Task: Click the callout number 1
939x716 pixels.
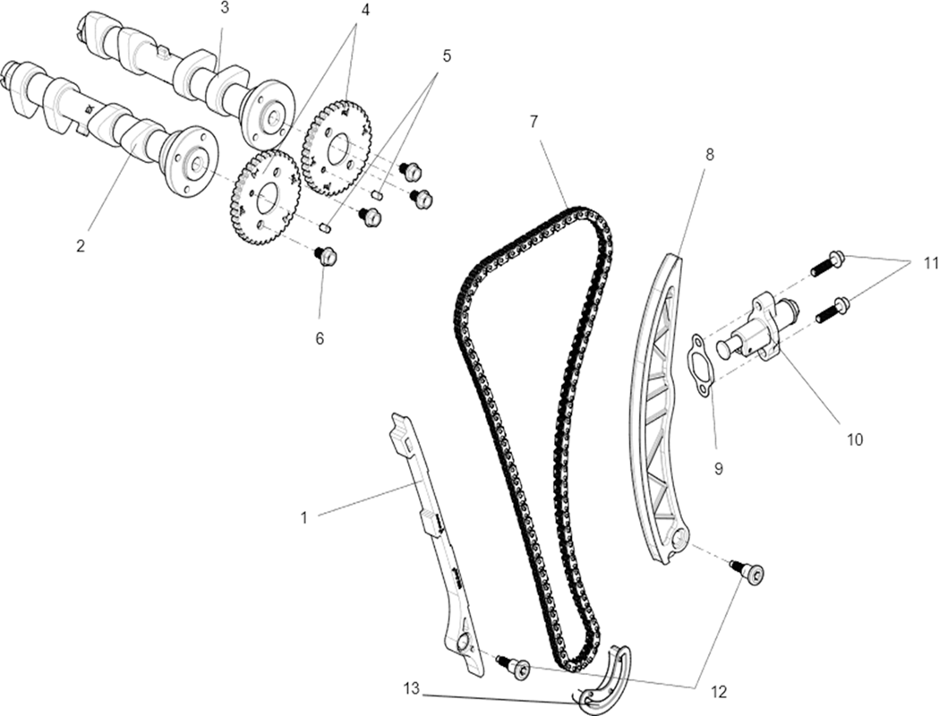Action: click(x=303, y=517)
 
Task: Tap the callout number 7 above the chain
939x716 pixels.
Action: click(x=534, y=122)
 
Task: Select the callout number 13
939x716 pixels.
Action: click(x=412, y=688)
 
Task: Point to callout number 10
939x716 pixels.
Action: click(x=855, y=439)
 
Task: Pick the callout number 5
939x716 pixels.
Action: click(x=446, y=56)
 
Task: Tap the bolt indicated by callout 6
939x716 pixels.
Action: click(x=325, y=258)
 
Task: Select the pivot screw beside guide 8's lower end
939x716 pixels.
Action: click(x=748, y=572)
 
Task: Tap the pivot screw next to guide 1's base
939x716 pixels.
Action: click(x=513, y=666)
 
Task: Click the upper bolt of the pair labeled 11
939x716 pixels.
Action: click(x=828, y=263)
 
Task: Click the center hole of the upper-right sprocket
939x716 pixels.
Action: click(x=338, y=147)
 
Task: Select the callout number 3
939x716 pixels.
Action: click(x=224, y=7)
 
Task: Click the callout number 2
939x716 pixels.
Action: click(x=81, y=245)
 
